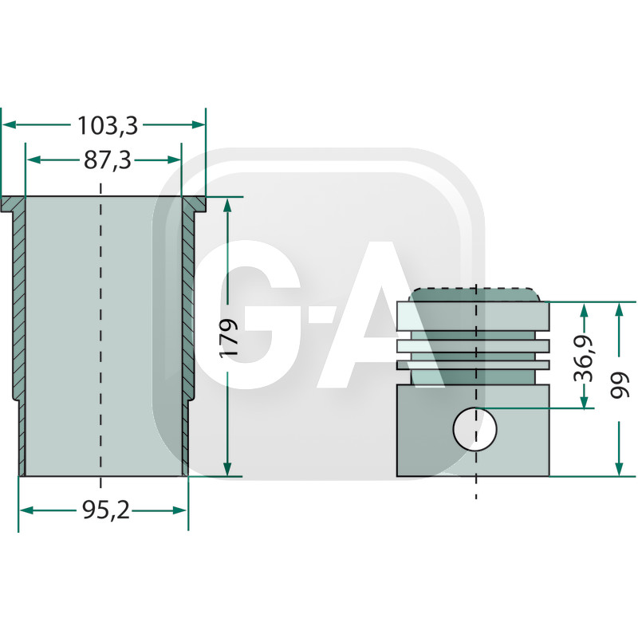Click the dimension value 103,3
tap(108, 125)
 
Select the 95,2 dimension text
tap(105, 511)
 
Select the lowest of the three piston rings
tap(474, 364)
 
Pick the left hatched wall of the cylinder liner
tap(20, 319)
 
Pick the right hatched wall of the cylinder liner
tap(188, 319)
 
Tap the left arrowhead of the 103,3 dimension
tap(8, 125)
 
